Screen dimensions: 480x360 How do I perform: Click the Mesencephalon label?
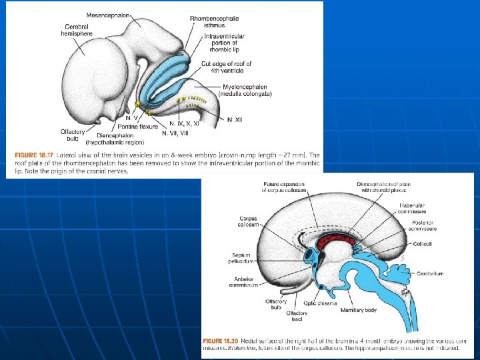[109, 14]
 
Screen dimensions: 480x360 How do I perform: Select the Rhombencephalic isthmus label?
[214, 22]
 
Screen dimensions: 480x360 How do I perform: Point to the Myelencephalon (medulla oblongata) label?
[248, 90]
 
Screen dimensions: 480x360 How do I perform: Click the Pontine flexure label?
[141, 126]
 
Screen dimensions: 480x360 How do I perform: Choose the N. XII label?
[234, 119]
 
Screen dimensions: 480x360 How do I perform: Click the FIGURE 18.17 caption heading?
[31, 155]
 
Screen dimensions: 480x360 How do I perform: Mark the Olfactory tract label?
[297, 316]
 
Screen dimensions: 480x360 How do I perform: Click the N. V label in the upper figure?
[132, 118]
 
